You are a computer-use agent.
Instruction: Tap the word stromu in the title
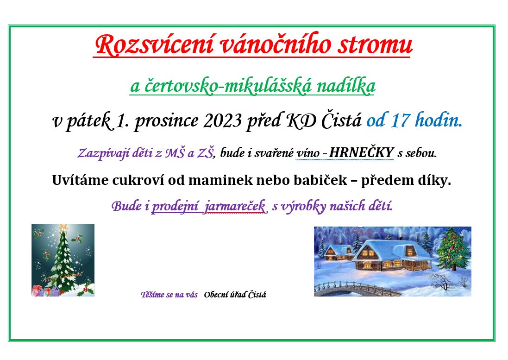click(375, 45)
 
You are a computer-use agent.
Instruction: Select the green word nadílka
click(345, 86)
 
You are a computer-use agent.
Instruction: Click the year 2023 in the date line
click(223, 121)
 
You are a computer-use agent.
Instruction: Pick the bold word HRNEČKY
click(361, 152)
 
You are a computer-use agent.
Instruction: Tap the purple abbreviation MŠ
click(175, 152)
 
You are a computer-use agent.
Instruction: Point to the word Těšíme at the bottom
click(152, 295)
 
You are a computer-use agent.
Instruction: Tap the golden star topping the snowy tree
click(63, 227)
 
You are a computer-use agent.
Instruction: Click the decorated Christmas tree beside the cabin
click(453, 248)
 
